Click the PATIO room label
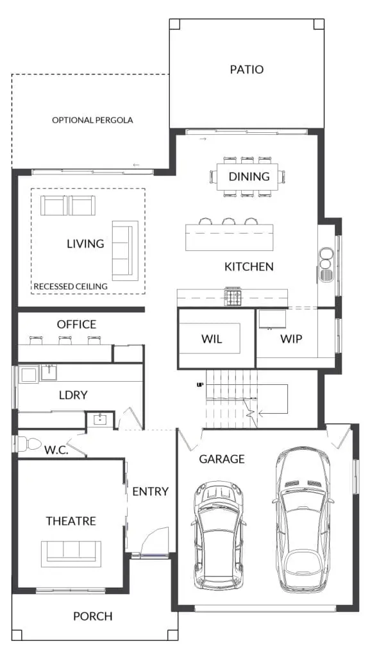246,69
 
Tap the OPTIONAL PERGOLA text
92,120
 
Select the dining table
248,176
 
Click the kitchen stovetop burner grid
233,298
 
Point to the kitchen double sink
326,264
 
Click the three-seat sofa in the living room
125,251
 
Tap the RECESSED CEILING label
71,287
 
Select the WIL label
212,339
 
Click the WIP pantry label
291,339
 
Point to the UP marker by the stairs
200,384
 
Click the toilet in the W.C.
28,444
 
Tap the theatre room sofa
71,554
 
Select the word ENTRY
151,491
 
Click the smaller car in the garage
219,536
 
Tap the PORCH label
93,617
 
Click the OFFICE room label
76,324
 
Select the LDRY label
73,395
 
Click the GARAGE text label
222,459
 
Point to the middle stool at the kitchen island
229,221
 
